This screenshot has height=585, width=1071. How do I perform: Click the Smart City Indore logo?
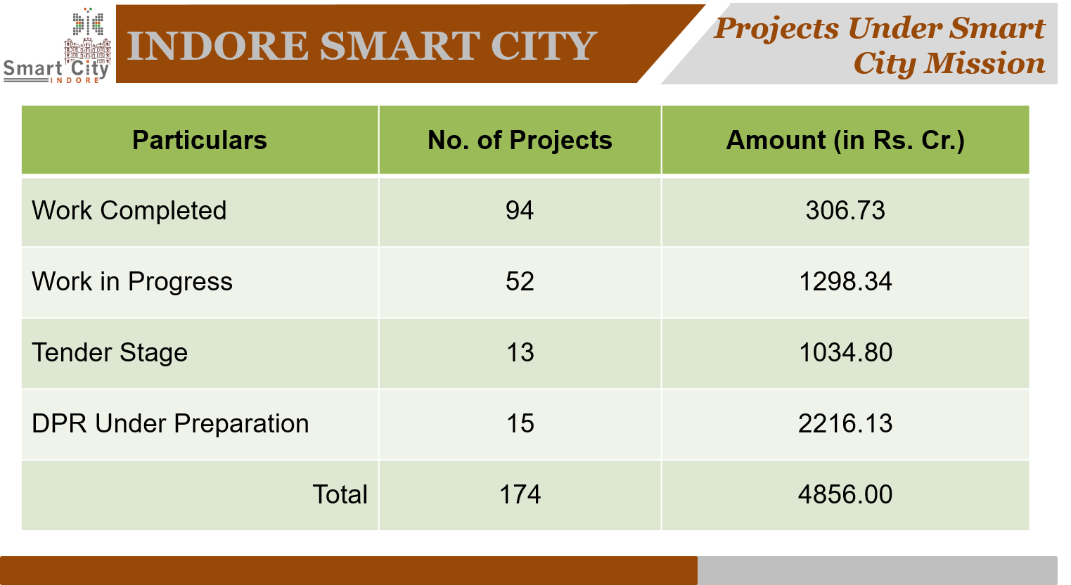(57, 46)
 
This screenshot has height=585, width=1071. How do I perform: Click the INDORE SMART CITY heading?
(362, 46)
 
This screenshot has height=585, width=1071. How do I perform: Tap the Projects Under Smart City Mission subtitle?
(879, 46)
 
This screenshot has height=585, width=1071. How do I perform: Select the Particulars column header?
(200, 141)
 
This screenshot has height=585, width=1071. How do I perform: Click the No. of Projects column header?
(520, 141)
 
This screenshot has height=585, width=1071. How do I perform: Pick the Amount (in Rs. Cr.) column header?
(845, 141)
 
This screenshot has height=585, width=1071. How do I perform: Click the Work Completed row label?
(129, 211)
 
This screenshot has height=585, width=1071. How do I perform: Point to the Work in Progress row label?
(132, 282)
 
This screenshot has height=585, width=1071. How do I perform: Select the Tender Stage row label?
(110, 353)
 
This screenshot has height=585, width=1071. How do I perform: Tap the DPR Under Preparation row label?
(170, 424)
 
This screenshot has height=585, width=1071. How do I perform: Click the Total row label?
(340, 495)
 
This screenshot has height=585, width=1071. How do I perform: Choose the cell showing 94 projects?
(520, 211)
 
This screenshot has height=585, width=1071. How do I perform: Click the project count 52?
(520, 282)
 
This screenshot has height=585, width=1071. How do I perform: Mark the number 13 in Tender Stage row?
(520, 353)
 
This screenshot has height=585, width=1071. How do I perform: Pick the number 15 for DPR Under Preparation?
(520, 424)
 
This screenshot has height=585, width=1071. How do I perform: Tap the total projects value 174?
(520, 495)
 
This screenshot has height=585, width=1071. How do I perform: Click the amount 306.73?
(845, 211)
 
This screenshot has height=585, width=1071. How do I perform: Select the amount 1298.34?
(845, 282)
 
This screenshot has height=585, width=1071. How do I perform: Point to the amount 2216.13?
(845, 424)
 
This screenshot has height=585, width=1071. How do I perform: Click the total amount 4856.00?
(845, 495)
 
